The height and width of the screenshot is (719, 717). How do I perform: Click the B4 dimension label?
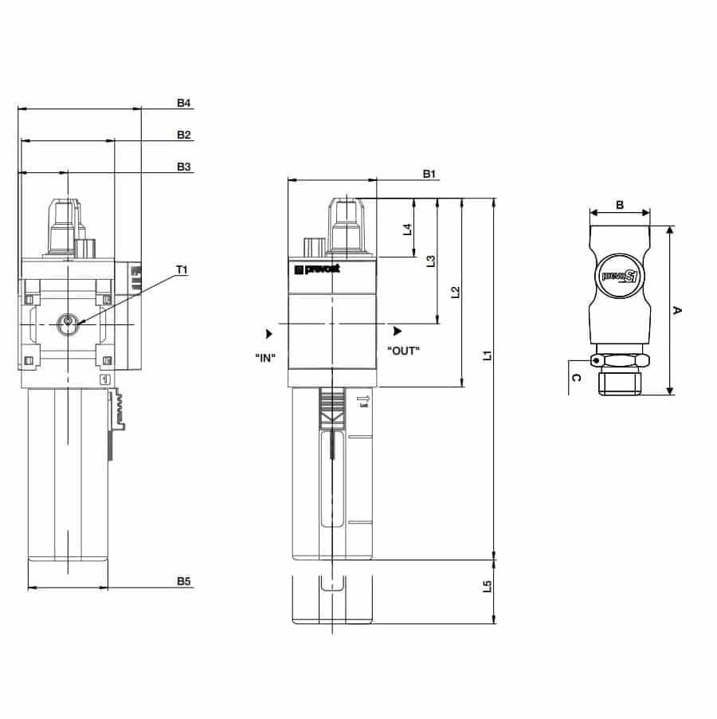point(184,103)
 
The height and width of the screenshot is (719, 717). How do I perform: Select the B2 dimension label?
point(184,135)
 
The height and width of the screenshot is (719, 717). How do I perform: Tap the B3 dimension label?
point(184,167)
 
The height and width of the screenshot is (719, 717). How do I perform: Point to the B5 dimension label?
point(184,583)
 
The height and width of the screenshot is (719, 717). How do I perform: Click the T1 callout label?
point(181,270)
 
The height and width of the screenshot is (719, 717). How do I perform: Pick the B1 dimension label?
point(429,174)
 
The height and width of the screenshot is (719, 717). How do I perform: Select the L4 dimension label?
point(407,229)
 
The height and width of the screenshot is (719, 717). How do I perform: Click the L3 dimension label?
point(431,261)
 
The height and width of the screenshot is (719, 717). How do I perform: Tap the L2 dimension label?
point(456,293)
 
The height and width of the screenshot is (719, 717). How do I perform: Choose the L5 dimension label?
point(488,588)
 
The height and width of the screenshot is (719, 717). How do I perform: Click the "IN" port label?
point(265,357)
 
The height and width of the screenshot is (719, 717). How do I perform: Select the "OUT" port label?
point(403,350)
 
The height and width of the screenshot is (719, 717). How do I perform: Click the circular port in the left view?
point(68,323)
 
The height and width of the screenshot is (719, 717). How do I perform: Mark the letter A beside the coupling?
point(678,310)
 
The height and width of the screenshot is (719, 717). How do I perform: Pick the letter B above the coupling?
point(620,204)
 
